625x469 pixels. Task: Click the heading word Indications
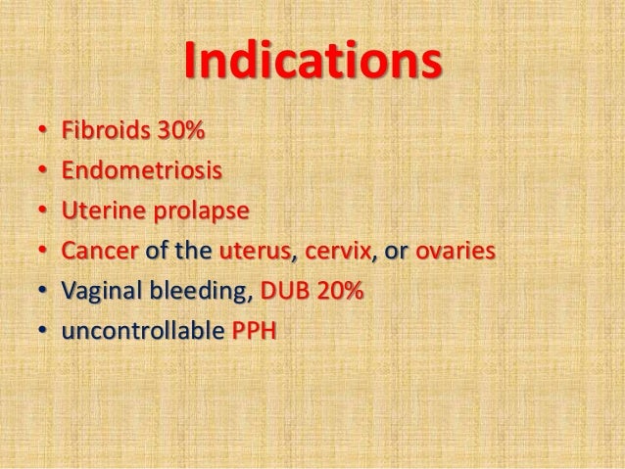click(312, 61)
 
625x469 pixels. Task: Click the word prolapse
click(182, 212)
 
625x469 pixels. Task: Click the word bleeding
click(192, 292)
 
